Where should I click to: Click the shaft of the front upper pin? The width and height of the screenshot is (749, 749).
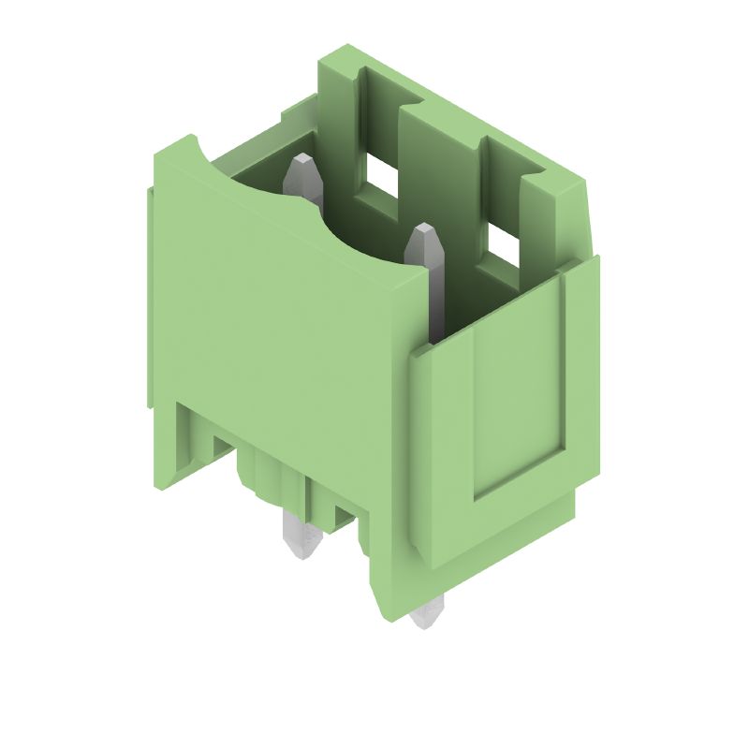point(433,290)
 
